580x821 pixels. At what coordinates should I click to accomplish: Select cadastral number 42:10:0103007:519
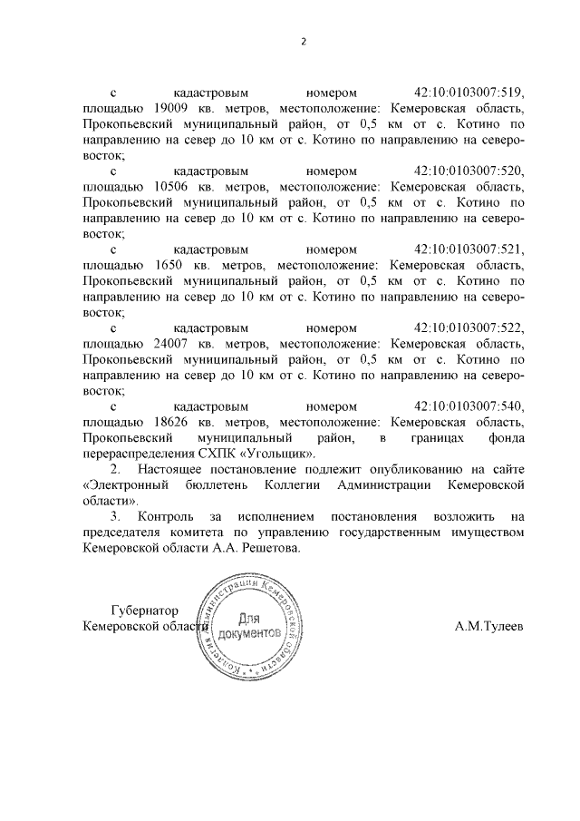[469, 93]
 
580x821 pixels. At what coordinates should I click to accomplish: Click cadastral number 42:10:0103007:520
[469, 171]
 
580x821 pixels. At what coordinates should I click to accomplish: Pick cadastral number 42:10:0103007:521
[469, 249]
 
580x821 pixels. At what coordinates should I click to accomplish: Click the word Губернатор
[144, 610]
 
